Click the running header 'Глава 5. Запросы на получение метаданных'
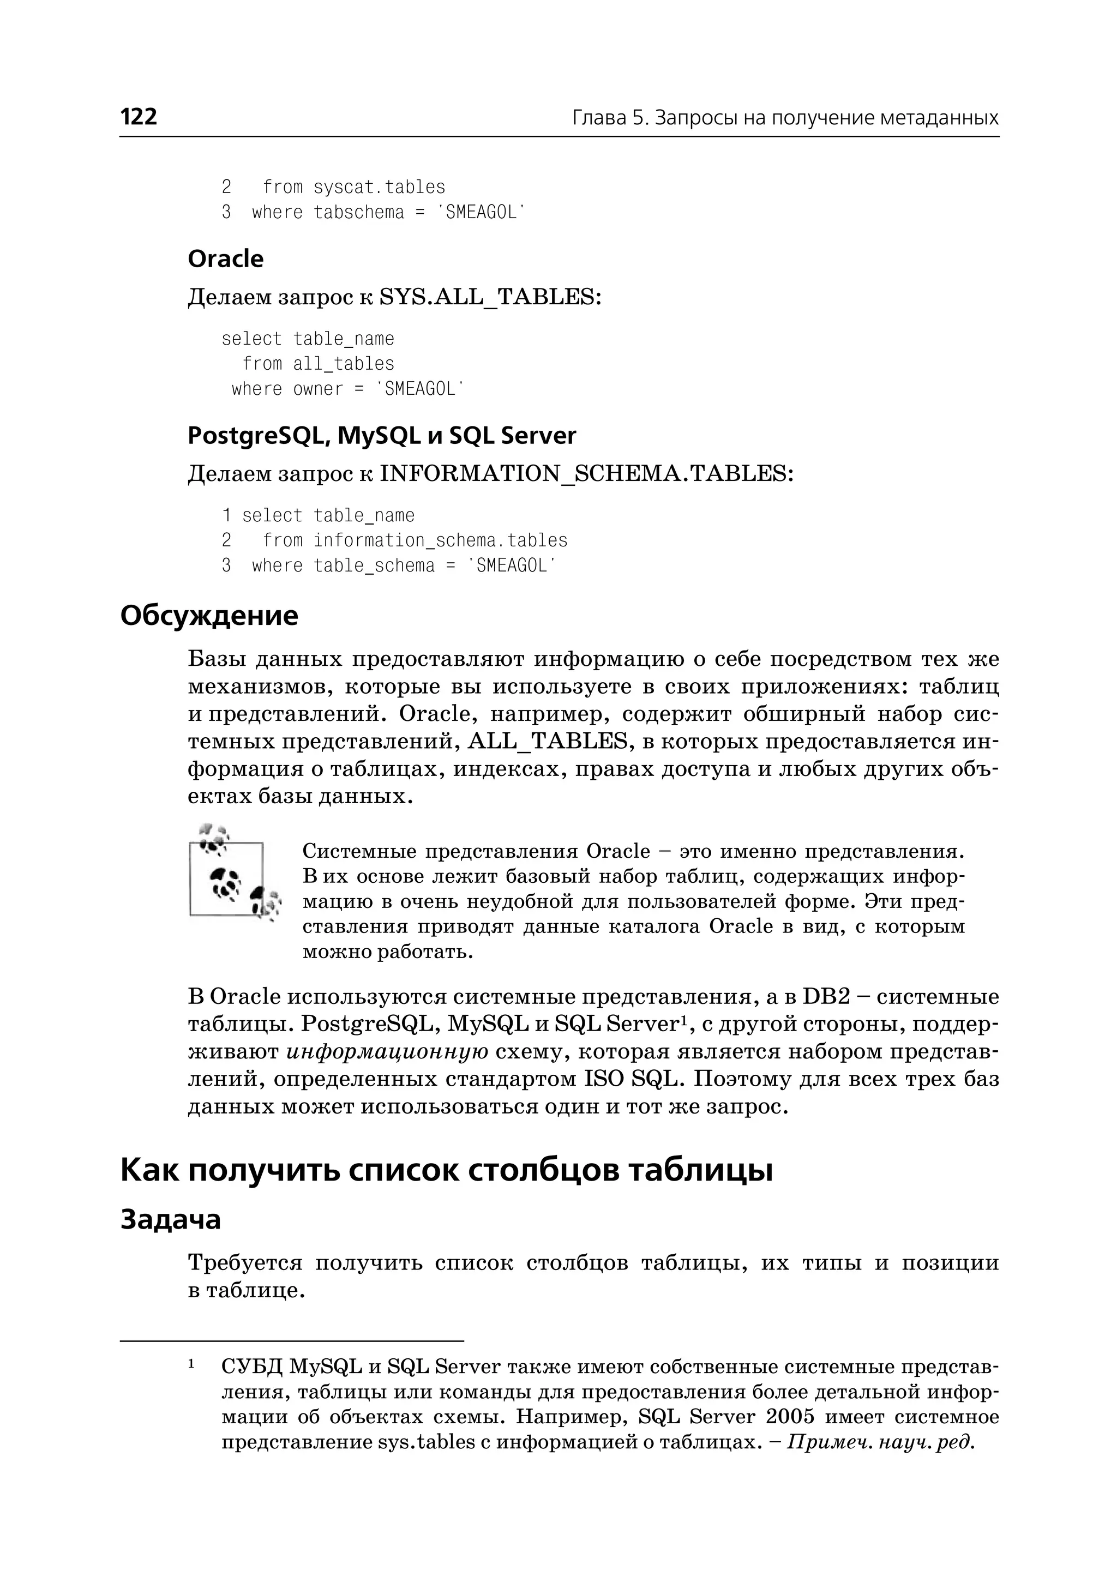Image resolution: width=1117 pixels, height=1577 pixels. click(x=785, y=118)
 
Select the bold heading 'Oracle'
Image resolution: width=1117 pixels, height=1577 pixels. click(x=226, y=258)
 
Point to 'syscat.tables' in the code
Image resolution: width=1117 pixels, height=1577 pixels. click(x=379, y=187)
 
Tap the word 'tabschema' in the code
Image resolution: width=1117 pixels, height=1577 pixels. click(x=358, y=213)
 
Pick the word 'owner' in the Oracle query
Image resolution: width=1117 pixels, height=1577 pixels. click(x=318, y=389)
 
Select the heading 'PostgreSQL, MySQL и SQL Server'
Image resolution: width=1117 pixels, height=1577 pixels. click(x=382, y=435)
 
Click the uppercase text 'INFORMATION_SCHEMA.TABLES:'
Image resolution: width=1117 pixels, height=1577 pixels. click(x=586, y=474)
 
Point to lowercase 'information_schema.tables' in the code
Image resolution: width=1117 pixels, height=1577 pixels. click(x=440, y=540)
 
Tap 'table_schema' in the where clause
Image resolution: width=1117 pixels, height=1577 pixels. click(x=374, y=566)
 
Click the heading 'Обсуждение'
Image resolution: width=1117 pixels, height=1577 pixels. click(x=209, y=616)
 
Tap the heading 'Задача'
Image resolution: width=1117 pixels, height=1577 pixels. click(x=171, y=1219)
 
